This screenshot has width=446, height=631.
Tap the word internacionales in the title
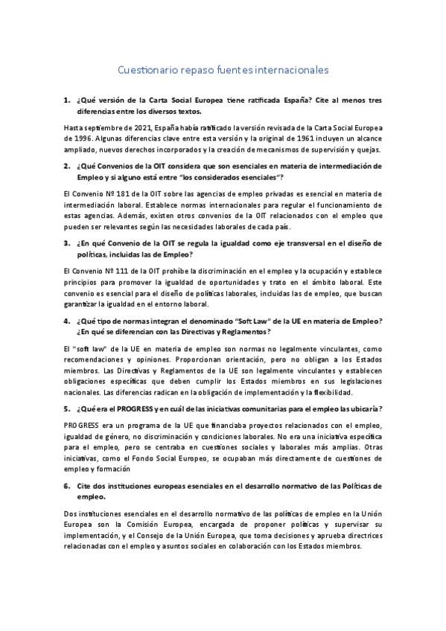(290, 71)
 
